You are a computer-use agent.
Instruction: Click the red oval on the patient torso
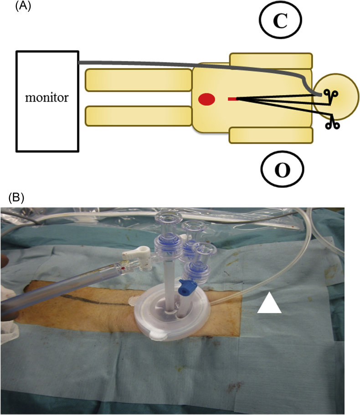[x=207, y=99]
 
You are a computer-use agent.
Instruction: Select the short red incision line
[x=231, y=99]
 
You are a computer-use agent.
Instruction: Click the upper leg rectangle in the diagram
[x=139, y=79]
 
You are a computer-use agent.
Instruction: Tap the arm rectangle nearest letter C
[x=271, y=61]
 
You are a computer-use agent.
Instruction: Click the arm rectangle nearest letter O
[x=271, y=136]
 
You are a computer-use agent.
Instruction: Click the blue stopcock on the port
[x=185, y=287]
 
